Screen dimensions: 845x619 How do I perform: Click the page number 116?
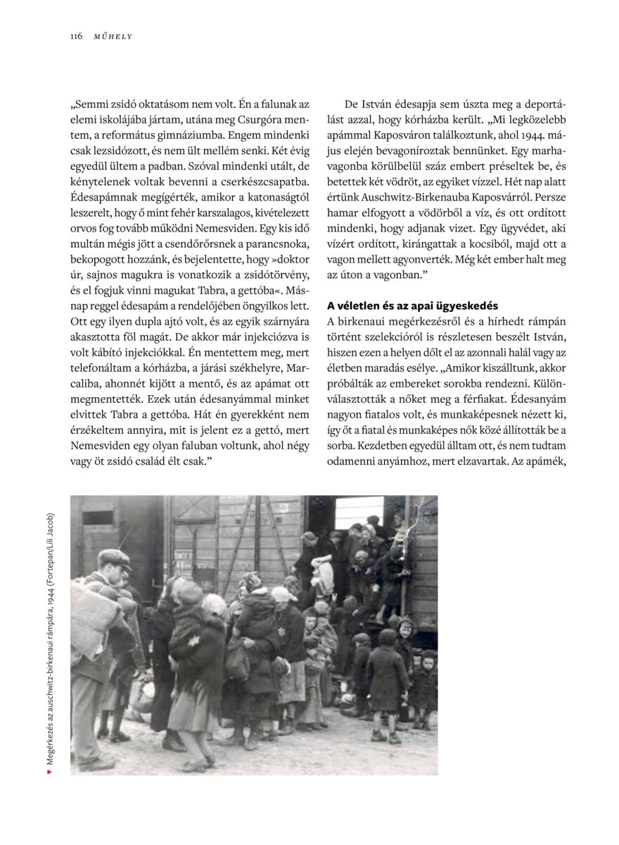tap(76, 36)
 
